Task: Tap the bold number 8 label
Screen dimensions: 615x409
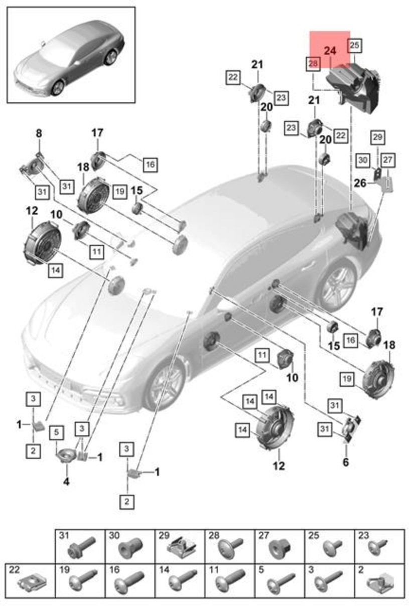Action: tap(39, 133)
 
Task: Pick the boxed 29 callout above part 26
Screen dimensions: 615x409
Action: tap(377, 136)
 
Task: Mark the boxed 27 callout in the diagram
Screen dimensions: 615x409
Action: tap(388, 160)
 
